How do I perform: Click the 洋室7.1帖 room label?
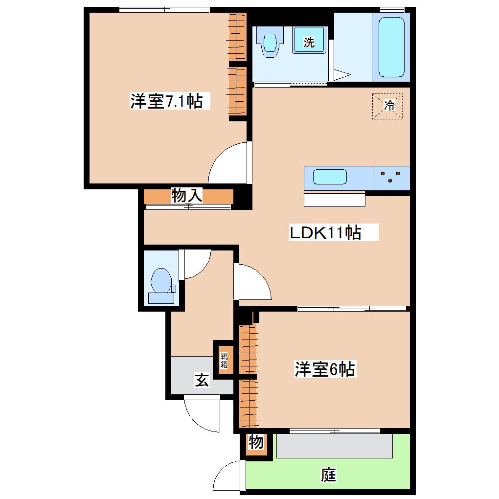166,101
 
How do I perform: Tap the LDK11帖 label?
325,232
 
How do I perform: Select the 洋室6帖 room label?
325,369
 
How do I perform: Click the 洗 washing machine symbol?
309,40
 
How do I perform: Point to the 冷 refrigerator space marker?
387,106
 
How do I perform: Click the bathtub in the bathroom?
391,47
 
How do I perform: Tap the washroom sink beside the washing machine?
270,42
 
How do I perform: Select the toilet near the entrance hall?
161,285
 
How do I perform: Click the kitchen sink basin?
330,177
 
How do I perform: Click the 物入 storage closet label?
187,195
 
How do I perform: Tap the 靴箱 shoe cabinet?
224,360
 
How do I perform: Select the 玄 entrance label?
202,380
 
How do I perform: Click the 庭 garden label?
328,475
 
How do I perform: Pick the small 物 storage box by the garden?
256,442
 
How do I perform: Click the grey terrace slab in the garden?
334,446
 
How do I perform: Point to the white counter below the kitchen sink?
335,200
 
